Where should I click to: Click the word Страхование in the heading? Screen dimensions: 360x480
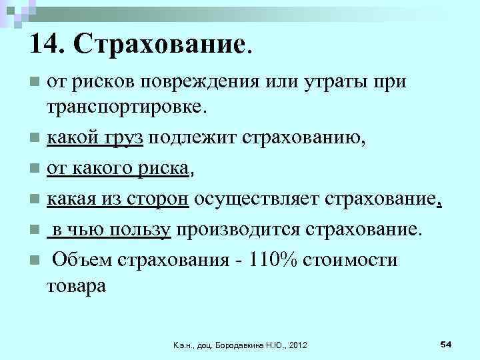tap(161, 45)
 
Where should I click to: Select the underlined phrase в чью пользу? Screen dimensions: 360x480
tap(111, 231)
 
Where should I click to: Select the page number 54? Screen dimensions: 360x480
tap(446, 343)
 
